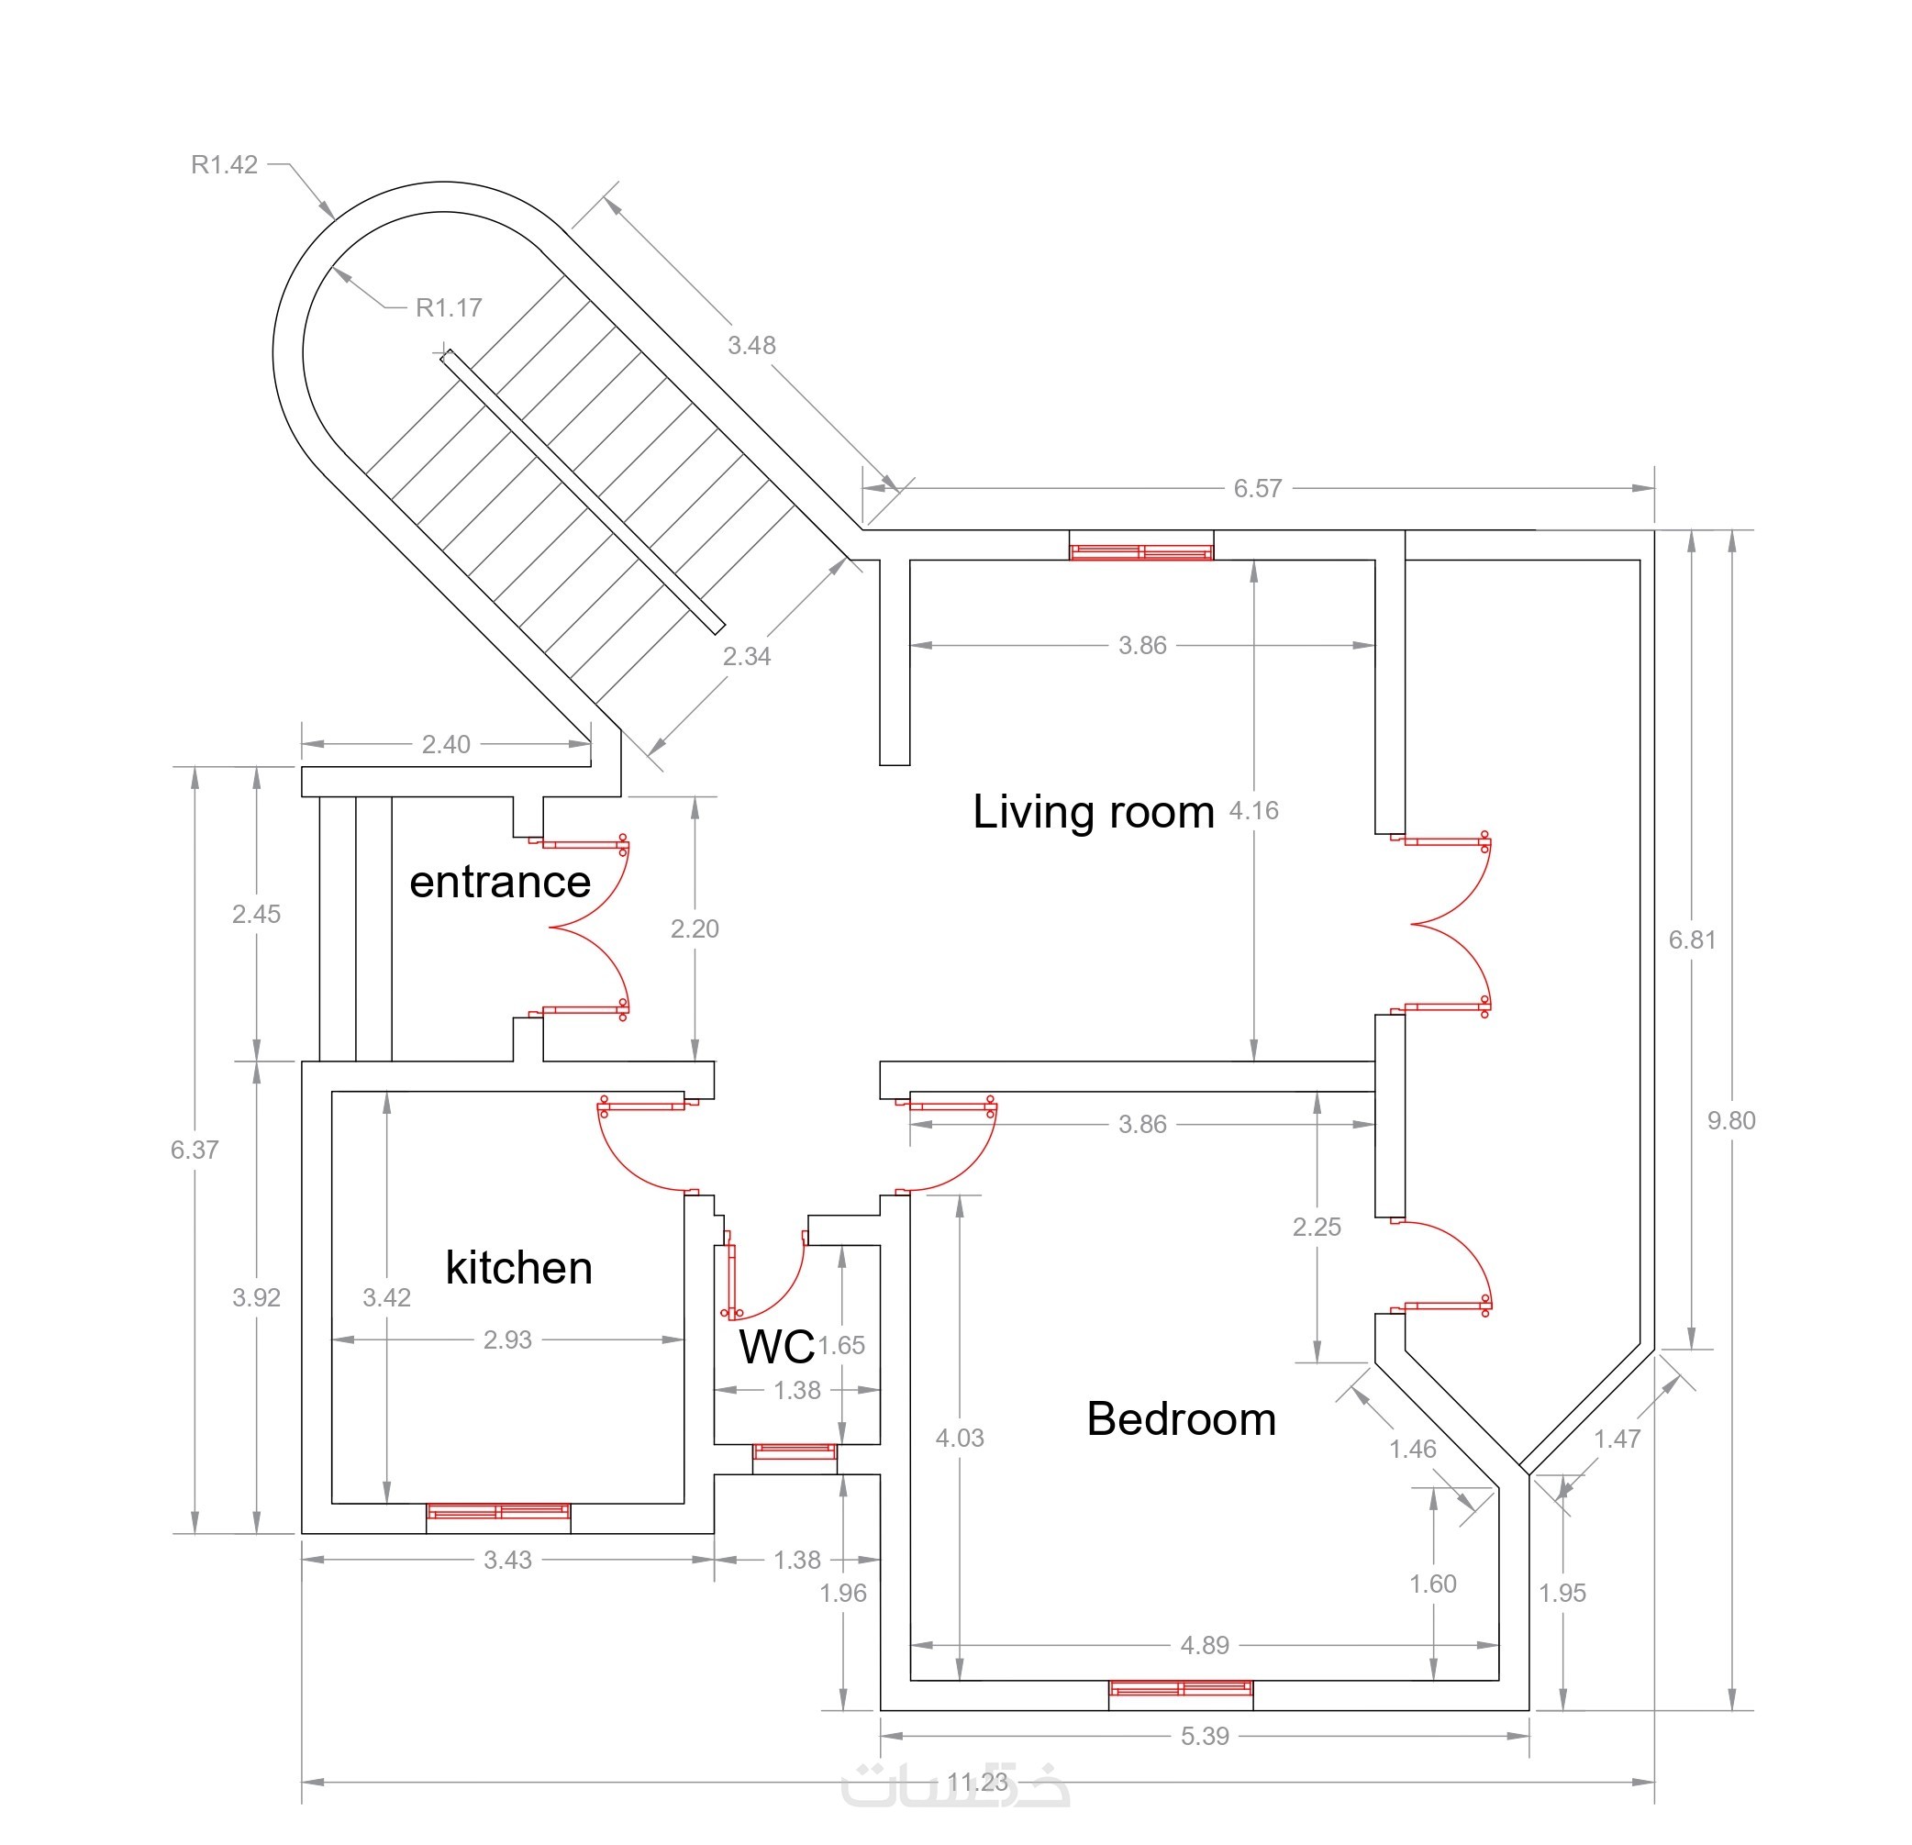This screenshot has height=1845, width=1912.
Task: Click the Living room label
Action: [x=1093, y=813]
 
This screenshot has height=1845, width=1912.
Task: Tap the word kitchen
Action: [x=519, y=1267]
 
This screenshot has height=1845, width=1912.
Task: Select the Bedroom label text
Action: [x=1182, y=1419]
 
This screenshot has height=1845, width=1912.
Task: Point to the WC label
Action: [x=776, y=1347]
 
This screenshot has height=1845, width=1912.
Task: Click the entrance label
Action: [x=500, y=882]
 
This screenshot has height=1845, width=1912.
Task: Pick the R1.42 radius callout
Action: [x=225, y=165]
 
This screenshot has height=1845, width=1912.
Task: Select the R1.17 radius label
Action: [x=449, y=307]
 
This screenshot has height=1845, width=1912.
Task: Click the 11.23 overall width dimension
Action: [x=977, y=1783]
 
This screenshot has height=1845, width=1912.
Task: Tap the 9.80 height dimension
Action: [x=1731, y=1120]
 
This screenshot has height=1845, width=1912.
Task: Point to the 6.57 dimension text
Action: [x=1258, y=488]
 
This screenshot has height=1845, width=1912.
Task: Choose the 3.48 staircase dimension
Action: [x=751, y=344]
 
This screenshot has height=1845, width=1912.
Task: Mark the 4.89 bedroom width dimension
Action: [x=1205, y=1645]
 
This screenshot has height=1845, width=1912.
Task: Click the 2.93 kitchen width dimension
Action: [x=507, y=1339]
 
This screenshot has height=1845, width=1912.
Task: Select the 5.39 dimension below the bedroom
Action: [x=1205, y=1736]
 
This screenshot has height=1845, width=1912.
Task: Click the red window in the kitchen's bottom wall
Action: [x=498, y=1511]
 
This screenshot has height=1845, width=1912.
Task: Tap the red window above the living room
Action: [x=1141, y=552]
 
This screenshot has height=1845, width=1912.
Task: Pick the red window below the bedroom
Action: [x=1181, y=1689]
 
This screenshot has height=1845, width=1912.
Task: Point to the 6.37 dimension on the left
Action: [x=195, y=1150]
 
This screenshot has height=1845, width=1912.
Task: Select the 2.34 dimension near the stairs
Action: [x=746, y=657]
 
